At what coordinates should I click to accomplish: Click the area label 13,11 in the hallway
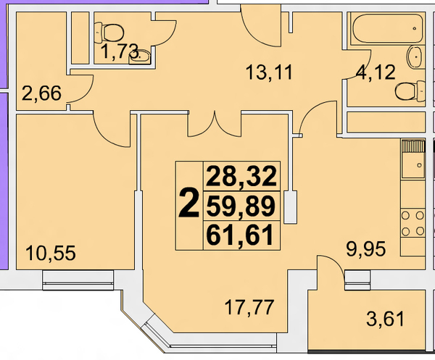269,72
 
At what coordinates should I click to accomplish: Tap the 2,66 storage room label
41,93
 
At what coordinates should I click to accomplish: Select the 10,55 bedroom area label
51,254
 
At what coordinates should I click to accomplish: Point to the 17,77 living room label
249,308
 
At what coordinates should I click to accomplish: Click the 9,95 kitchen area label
365,249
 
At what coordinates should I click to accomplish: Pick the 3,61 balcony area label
386,319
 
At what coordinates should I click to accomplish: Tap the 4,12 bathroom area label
376,72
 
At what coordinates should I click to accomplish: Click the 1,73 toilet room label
120,51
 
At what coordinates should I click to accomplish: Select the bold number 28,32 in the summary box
241,177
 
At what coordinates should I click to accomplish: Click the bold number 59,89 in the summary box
241,206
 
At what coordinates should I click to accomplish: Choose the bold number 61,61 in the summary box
240,236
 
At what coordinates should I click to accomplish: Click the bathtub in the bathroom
388,28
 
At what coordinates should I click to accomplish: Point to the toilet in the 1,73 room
109,33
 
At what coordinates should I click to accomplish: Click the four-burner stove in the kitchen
413,223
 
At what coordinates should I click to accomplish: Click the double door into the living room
215,124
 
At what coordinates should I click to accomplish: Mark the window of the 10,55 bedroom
78,280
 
